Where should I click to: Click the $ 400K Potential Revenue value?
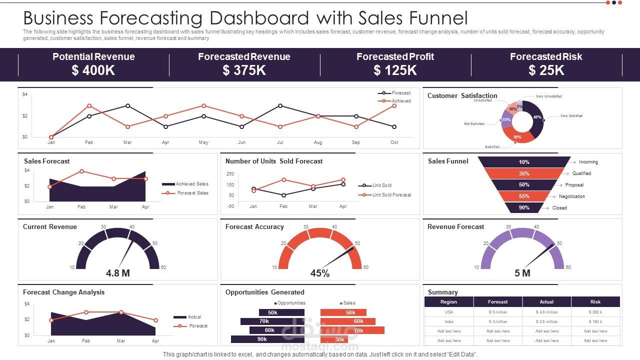[93, 70]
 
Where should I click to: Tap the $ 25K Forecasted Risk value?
[546, 70]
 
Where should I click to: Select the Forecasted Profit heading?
[395, 56]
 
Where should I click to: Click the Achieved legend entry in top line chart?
[401, 101]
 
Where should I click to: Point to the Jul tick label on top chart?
[280, 142]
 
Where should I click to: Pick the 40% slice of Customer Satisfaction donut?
[537, 117]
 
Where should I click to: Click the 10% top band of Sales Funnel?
[524, 162]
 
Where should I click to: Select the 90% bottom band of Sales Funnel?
[524, 207]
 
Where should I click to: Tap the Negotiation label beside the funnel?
[571, 196]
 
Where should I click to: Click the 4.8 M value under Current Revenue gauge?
[118, 273]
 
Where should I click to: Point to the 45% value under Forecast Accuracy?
[320, 273]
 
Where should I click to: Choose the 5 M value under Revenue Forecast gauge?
[522, 273]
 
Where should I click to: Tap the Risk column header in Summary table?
[595, 302]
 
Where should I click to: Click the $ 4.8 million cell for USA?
[546, 312]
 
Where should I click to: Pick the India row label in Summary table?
[448, 321]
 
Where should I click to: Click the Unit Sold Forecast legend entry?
[391, 194]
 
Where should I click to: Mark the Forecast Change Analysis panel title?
[64, 292]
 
